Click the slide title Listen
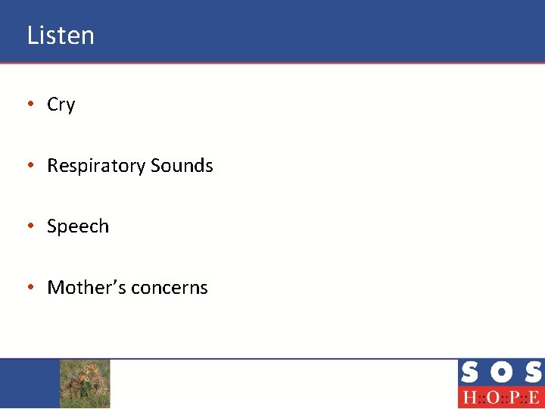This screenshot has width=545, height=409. pyautogui.click(x=61, y=36)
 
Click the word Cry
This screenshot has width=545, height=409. pyautogui.click(x=61, y=105)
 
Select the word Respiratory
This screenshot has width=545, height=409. pyautogui.click(x=96, y=166)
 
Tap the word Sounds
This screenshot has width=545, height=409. pyautogui.click(x=182, y=165)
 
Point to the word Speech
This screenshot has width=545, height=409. pyautogui.click(x=78, y=226)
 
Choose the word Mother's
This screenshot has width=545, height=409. pyautogui.click(x=86, y=287)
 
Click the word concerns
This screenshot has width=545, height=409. pyautogui.click(x=170, y=288)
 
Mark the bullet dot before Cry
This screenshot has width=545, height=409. pyautogui.click(x=30, y=105)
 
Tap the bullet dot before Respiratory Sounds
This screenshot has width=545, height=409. pyautogui.click(x=30, y=166)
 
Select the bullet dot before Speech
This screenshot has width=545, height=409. pyautogui.click(x=30, y=226)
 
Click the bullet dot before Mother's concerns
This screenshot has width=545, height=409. pyautogui.click(x=30, y=288)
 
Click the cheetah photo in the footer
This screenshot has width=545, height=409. pyautogui.click(x=85, y=383)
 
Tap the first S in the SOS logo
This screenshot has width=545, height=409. pyautogui.click(x=469, y=373)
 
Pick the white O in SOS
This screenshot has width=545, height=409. pyautogui.click(x=500, y=373)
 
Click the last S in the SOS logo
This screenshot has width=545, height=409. pyautogui.click(x=532, y=373)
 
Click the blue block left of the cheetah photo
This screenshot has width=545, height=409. pyautogui.click(x=30, y=383)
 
